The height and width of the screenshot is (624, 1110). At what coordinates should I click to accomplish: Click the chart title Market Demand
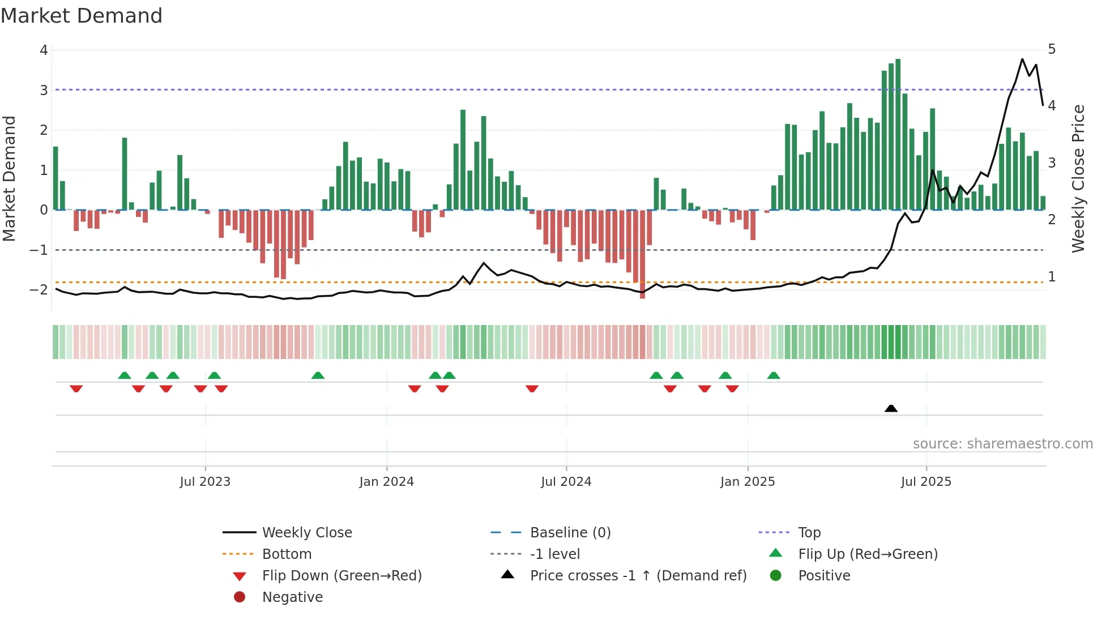[x=82, y=16]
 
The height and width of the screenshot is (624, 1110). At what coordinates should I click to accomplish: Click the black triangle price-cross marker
[x=891, y=408]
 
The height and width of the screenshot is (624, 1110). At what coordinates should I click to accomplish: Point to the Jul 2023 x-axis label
[x=205, y=482]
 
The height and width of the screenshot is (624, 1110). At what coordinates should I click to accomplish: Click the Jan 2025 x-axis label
[x=748, y=482]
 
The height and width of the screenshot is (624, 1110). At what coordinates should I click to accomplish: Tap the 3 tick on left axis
[x=44, y=91]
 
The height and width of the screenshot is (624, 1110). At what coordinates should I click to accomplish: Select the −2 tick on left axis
[x=39, y=290]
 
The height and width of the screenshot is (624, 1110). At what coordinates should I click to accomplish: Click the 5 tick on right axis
[x=1052, y=49]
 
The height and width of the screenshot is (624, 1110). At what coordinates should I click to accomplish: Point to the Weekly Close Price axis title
[x=1078, y=178]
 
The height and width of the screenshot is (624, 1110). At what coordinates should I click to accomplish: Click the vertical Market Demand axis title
[x=10, y=178]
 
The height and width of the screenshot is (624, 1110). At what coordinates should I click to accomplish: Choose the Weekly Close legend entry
[x=306, y=533]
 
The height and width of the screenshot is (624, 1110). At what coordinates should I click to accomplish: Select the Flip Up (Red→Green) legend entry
[x=868, y=554]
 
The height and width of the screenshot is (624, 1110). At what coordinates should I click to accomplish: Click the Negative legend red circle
[x=240, y=597]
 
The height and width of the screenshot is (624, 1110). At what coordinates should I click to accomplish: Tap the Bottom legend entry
[x=287, y=554]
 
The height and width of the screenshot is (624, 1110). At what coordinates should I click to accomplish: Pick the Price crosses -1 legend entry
[x=638, y=576]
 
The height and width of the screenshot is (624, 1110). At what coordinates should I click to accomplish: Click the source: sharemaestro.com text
[x=1002, y=444]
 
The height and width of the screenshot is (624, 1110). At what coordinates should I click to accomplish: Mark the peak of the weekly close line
[x=1022, y=59]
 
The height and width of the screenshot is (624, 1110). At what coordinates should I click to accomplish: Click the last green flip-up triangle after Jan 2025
[x=774, y=375]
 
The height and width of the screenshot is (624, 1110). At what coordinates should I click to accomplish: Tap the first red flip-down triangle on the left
[x=76, y=388]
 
